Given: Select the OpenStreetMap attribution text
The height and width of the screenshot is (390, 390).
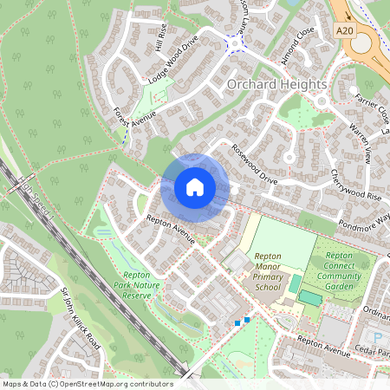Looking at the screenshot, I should click(87, 383).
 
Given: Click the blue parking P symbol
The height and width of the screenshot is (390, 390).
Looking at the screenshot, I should click(376, 335).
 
